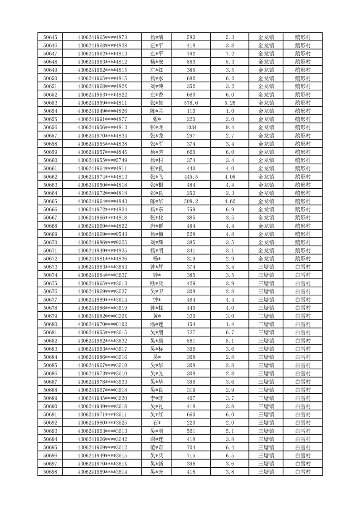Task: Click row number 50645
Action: coord(50,37)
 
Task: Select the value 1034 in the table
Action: coord(191,127)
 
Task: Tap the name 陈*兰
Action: coord(156,111)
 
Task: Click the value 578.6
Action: coord(191,103)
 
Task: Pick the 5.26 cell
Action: coord(229,103)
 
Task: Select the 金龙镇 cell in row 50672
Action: coord(266,259)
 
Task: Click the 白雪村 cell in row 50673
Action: coord(302,267)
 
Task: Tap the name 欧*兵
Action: coord(156,283)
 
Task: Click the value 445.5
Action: coord(191,176)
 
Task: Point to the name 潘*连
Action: coord(156,324)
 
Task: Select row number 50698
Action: coord(50,472)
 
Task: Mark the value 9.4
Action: coord(229,127)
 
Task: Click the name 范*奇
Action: coord(156,447)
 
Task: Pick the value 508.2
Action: coord(191,201)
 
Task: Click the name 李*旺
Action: coord(156,398)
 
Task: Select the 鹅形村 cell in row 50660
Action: coord(302,160)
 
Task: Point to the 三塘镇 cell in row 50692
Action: coord(266,423)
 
